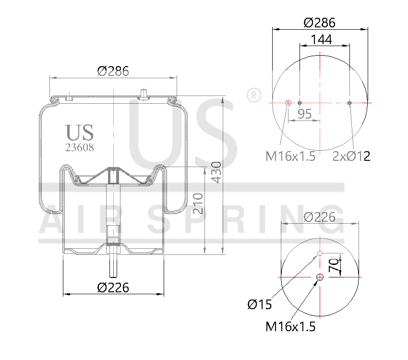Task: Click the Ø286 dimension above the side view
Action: pos(113,72)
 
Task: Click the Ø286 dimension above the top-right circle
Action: pos(320,23)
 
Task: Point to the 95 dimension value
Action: pos(305,114)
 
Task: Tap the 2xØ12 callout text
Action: pos(351,156)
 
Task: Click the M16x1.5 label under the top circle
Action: pos(290,156)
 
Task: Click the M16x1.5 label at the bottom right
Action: pos(290,327)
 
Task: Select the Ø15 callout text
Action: pos(260,304)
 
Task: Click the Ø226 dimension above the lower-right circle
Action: pos(320,217)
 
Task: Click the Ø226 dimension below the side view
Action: pos(113,288)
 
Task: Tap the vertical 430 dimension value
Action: pos(216,173)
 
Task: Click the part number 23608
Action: pos(80,148)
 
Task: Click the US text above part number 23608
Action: pos(80,132)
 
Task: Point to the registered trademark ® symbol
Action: pos(252,95)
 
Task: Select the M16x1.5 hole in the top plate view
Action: pos(288,103)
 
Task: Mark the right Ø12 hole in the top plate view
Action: pos(349,103)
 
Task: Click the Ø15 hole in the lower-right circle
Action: pos(320,253)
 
